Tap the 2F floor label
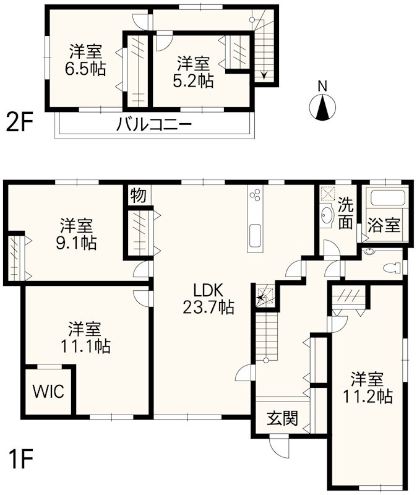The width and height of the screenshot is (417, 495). coord(20,122)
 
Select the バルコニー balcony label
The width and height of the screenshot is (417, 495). coord(154,124)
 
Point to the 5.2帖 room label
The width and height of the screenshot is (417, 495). coord(195,72)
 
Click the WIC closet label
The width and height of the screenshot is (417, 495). coord(48,392)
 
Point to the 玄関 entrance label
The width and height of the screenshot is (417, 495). coord(282,419)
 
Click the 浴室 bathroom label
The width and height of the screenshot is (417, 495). coord(384,225)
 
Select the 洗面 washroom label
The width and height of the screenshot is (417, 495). coord(345,212)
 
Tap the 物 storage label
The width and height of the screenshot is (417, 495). coord(139,196)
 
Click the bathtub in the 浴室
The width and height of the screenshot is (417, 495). coord(386,199)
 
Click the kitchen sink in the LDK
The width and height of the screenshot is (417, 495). coord(255,236)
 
